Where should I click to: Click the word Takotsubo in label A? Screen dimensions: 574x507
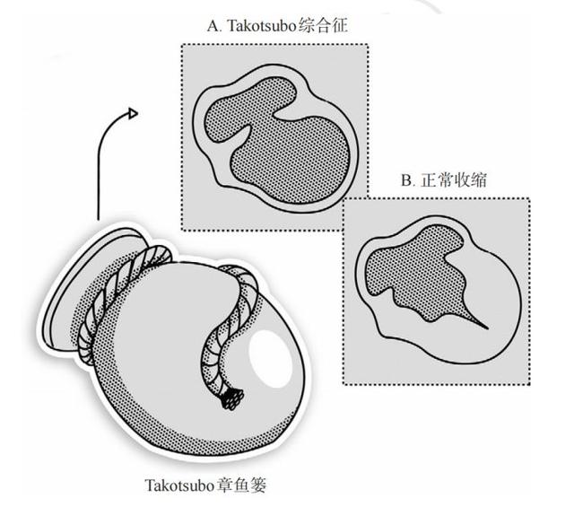click(x=261, y=26)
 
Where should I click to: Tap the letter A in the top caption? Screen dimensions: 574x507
click(x=213, y=26)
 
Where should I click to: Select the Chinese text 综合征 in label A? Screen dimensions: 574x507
click(x=323, y=26)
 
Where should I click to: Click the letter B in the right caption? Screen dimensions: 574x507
click(x=406, y=180)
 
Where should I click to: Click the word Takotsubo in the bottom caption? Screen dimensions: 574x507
click(x=179, y=485)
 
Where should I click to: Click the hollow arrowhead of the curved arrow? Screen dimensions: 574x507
click(x=133, y=114)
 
